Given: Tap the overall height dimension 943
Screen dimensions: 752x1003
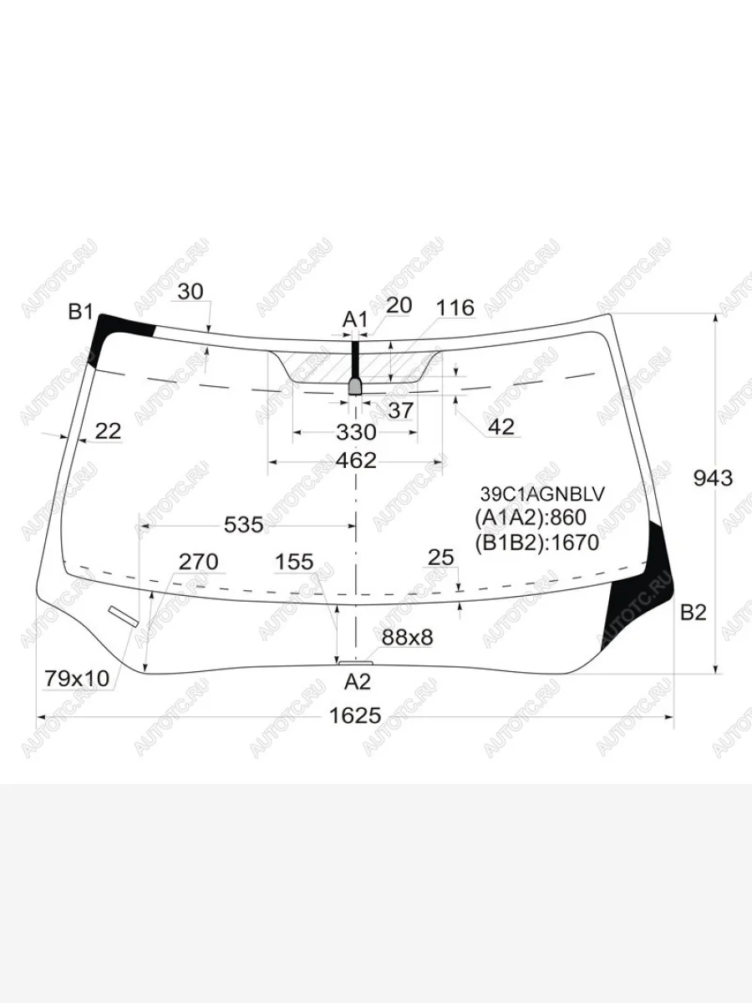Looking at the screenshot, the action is tap(713, 478).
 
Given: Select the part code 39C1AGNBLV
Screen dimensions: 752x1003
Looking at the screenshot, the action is tap(542, 494).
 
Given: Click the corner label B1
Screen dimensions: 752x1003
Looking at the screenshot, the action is tap(80, 312).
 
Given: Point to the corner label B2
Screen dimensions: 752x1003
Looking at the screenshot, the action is tap(694, 613).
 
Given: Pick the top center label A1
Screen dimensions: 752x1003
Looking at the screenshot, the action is tap(355, 320).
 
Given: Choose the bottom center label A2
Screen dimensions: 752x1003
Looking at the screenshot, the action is tap(357, 682).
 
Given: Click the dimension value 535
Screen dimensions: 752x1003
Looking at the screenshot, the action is tap(244, 525).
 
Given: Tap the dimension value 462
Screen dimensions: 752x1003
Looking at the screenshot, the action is tap(356, 461).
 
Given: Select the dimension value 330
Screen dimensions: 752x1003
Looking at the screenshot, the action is tap(356, 432).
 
